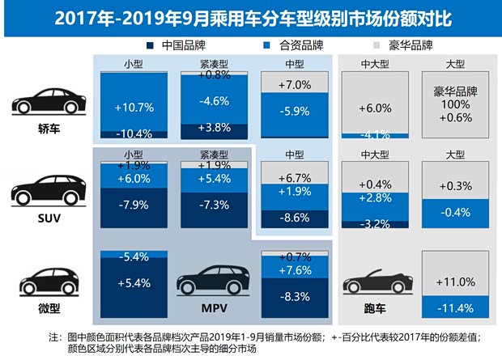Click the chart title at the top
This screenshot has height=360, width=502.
(x=250, y=16)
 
